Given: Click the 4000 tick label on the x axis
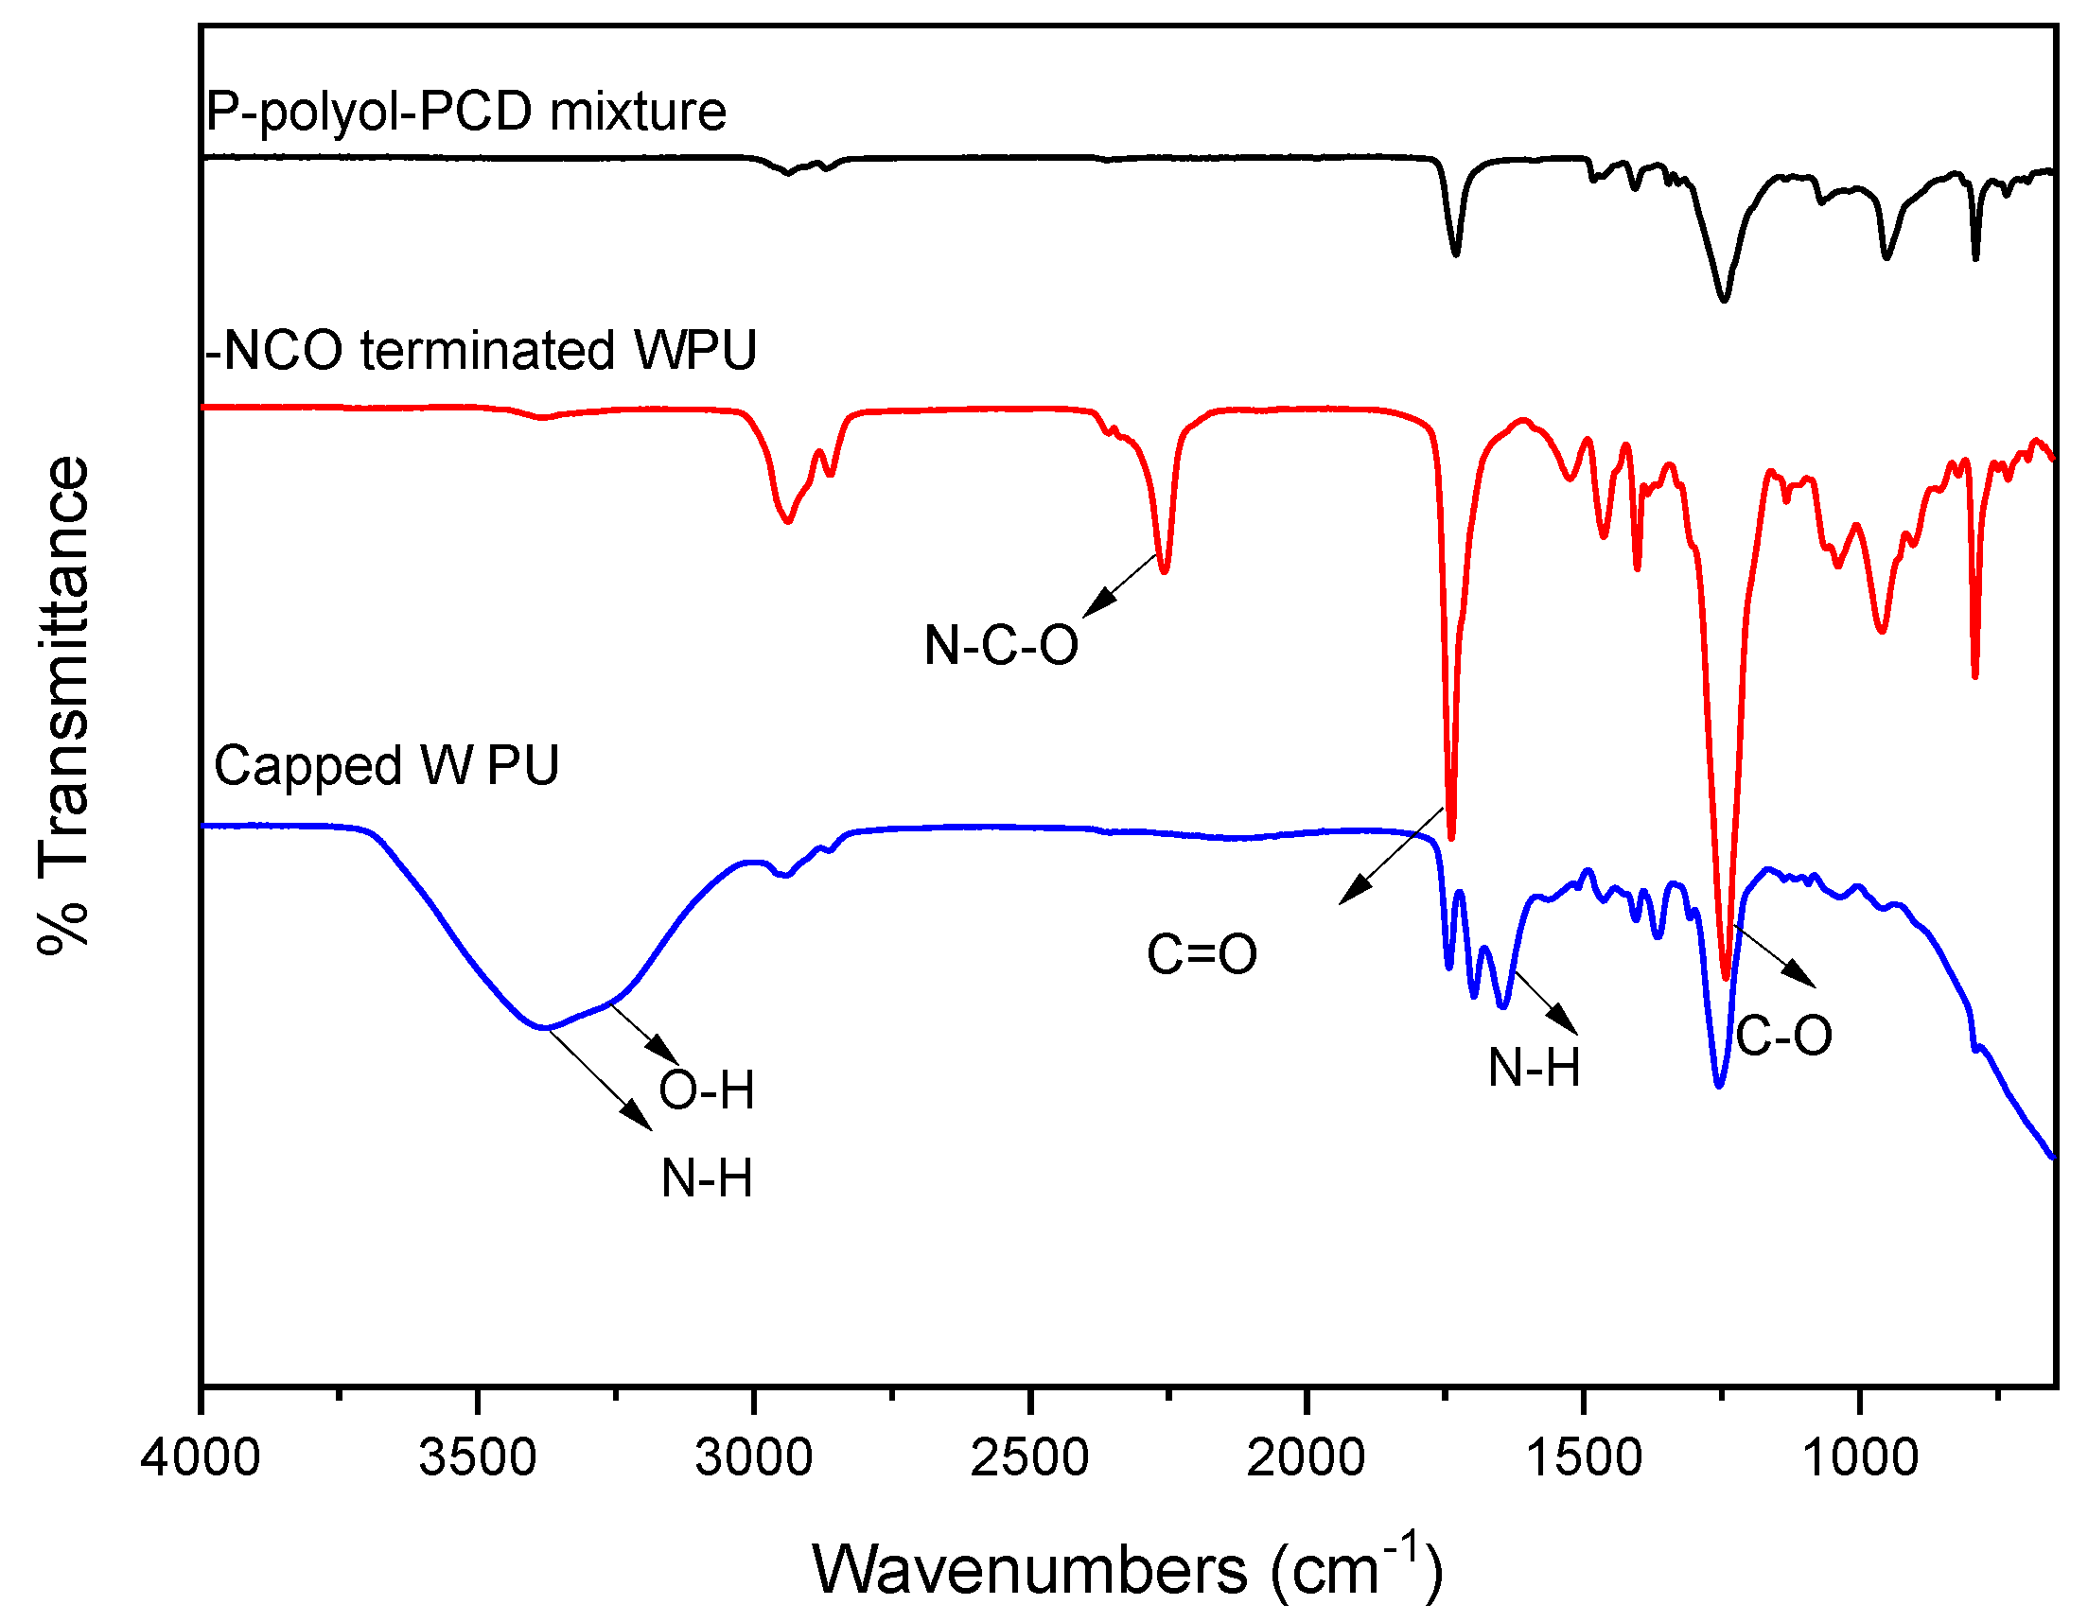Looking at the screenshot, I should pos(200,1457).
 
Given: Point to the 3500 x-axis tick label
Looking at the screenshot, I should pos(477,1457).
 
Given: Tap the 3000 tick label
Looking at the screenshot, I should pos(753,1457).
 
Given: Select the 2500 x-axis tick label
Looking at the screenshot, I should pos(1029,1457).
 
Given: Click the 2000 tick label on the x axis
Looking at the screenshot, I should pos(1306,1457).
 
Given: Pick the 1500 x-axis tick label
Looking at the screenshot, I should pos(1583,1457).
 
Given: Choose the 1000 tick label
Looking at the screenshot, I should pos(1859,1457).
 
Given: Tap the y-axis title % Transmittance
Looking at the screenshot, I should pos(64,706).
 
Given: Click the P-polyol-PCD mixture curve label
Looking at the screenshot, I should pos(465,111).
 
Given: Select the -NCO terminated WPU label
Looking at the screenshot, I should pos(481,350).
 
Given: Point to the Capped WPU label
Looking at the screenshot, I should pos(385,765).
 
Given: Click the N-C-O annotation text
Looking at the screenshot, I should pos(1001,645).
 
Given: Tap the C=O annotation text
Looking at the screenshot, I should pos(1202,954).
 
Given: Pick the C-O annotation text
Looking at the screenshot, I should pos(1784,1035).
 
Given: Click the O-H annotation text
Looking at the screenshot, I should pos(707,1090).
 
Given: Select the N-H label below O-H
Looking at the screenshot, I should pos(707,1177).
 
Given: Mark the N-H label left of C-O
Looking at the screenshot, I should pos(1534,1067).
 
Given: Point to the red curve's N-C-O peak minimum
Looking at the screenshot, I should pos(1165,571).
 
